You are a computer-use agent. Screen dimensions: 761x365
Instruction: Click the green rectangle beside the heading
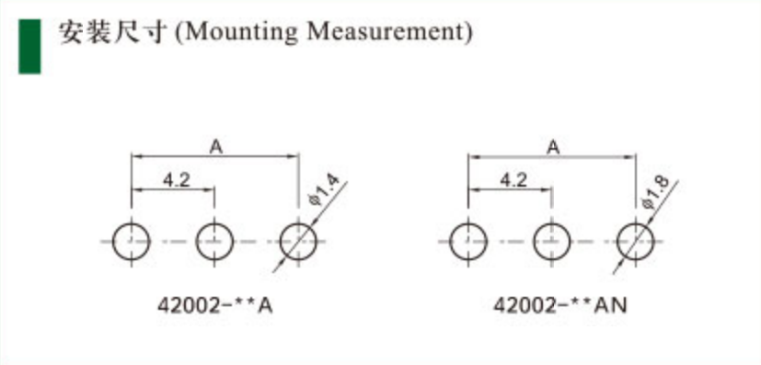29,47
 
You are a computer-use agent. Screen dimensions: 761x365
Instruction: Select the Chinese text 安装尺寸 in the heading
113,32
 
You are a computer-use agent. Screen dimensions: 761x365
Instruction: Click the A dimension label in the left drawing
216,147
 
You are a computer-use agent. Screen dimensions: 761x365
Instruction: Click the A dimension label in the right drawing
553,147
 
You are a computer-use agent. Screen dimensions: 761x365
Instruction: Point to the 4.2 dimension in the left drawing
176,180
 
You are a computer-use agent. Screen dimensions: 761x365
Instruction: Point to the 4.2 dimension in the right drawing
513,180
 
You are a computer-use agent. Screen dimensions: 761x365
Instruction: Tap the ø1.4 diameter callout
325,192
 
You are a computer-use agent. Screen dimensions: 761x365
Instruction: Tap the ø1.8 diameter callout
656,192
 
